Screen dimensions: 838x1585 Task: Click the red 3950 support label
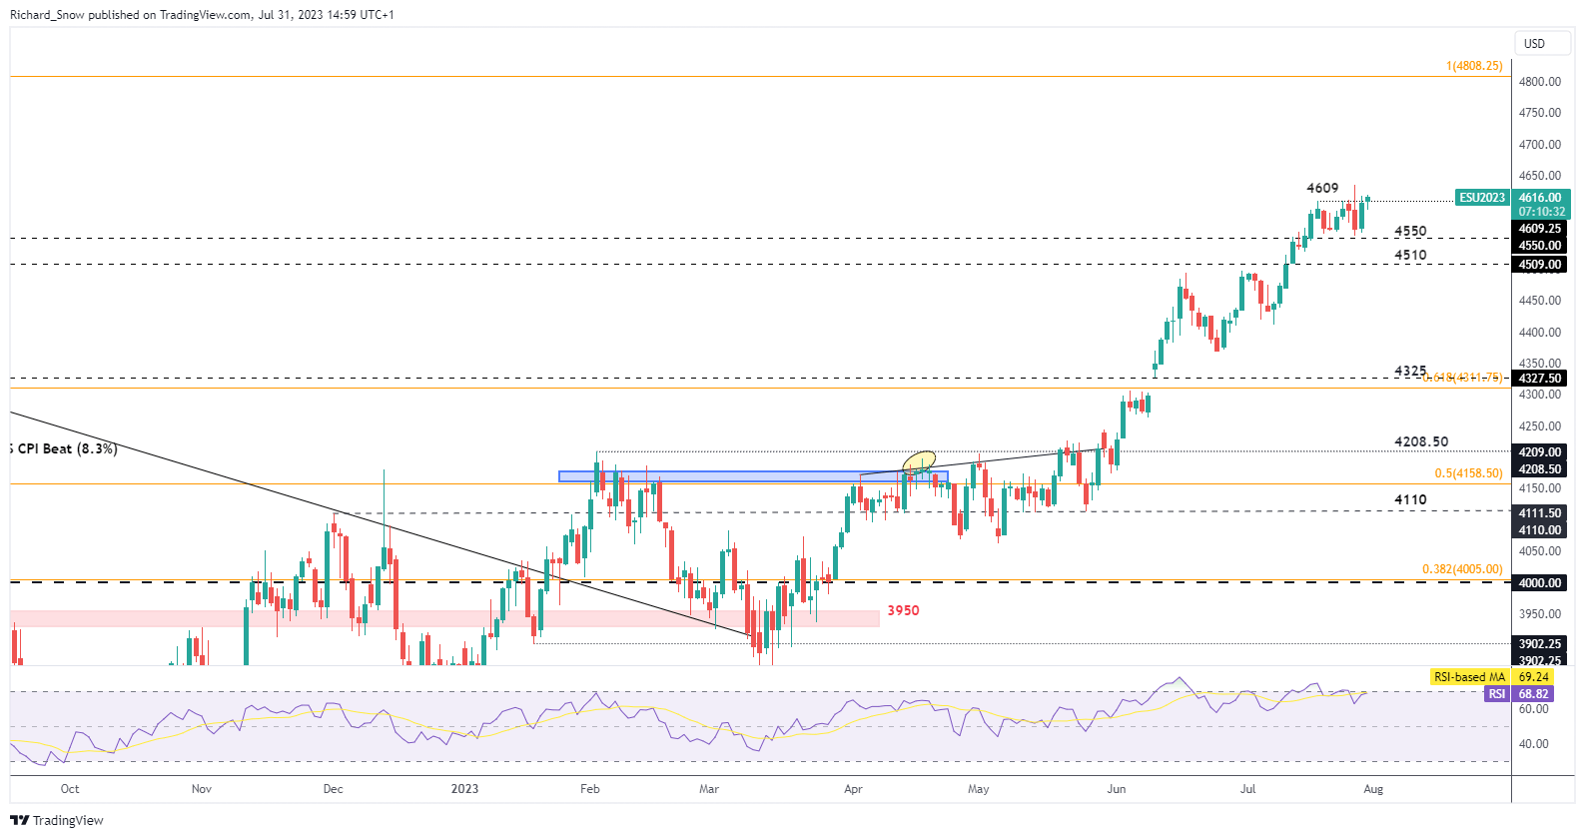coord(903,610)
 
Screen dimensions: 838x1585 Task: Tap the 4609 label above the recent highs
coord(1322,188)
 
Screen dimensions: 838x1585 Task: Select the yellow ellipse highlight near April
coord(919,460)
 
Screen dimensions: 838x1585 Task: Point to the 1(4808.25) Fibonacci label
coord(1473,66)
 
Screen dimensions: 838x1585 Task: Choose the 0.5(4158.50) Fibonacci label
coord(1468,473)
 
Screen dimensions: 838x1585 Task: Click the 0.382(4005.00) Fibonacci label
coord(1462,569)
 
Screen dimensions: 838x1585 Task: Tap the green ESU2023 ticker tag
coord(1482,198)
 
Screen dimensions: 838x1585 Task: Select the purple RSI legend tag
coord(1496,694)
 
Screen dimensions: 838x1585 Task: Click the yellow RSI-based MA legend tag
coord(1469,677)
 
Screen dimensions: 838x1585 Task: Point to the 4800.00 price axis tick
coord(1539,82)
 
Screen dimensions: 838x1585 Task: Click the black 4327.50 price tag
coord(1540,379)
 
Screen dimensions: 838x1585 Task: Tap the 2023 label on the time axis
coord(464,789)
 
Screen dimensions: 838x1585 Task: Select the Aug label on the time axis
coord(1373,789)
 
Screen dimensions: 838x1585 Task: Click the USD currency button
coord(1534,44)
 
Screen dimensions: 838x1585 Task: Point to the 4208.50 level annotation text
coord(1420,441)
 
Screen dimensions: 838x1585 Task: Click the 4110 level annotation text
coord(1410,499)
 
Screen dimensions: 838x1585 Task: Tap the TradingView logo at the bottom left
coord(57,820)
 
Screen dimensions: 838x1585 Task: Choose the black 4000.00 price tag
coord(1540,583)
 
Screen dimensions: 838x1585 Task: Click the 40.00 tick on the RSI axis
coord(1534,744)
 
